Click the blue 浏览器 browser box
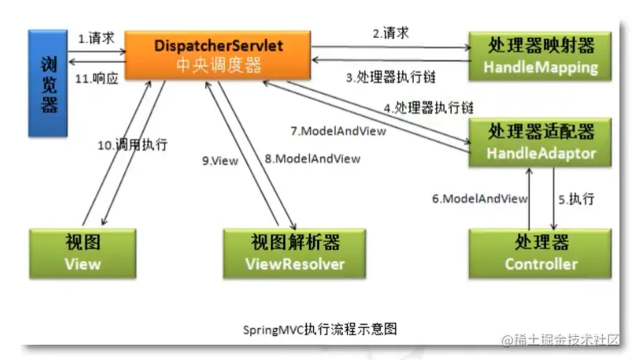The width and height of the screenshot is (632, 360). (x=47, y=83)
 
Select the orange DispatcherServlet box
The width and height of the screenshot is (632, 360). (x=218, y=54)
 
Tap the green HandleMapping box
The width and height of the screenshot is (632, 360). (x=542, y=56)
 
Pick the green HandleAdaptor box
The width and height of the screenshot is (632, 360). (x=542, y=142)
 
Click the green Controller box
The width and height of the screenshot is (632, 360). (x=542, y=253)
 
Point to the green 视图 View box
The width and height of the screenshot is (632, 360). (x=82, y=253)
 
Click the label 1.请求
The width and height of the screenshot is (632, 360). (x=96, y=38)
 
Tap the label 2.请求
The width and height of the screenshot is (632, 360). (x=390, y=34)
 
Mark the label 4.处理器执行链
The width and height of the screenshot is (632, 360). (x=428, y=108)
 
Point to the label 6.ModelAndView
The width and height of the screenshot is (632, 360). (x=479, y=199)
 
